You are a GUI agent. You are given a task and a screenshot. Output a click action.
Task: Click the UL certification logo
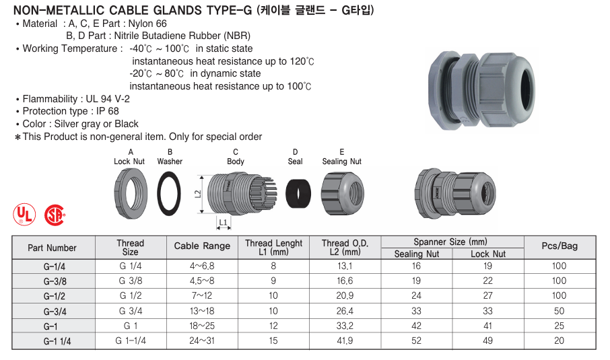point(24,214)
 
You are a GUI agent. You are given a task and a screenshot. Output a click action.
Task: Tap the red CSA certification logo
point(55,215)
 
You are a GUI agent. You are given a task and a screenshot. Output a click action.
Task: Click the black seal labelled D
point(298,193)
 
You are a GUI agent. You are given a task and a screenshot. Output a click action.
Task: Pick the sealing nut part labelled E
point(342,193)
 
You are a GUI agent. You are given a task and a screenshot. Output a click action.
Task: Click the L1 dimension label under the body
point(223,223)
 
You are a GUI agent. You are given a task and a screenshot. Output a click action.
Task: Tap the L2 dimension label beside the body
point(198,194)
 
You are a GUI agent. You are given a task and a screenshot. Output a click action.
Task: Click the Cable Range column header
point(202,246)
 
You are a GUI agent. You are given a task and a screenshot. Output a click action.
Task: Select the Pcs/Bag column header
point(560,246)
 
